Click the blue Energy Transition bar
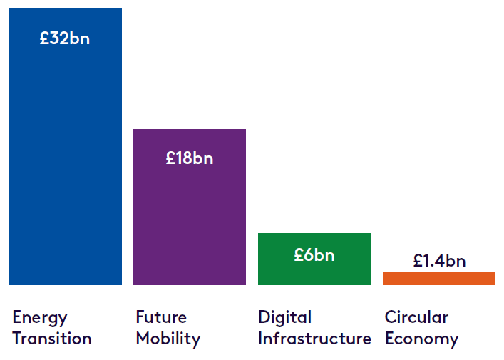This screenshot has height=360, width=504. [x=66, y=146]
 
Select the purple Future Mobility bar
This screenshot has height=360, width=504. [x=190, y=207]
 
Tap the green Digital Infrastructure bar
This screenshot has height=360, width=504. [x=314, y=259]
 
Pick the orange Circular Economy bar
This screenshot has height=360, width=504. [x=439, y=279]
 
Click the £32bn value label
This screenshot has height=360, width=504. [x=65, y=38]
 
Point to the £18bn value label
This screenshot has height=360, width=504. [x=190, y=158]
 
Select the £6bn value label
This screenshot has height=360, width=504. [x=314, y=255]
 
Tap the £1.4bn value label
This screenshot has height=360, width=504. [x=439, y=260]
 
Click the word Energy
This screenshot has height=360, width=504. [x=40, y=318]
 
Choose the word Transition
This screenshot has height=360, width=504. [x=52, y=339]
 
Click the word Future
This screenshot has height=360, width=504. [x=161, y=317]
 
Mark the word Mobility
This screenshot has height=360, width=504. [x=168, y=339]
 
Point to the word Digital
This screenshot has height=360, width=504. [x=284, y=318]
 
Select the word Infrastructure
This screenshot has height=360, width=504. [x=314, y=339]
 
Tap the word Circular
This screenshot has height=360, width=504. [x=416, y=317]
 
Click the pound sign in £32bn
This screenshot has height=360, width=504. [x=44, y=38]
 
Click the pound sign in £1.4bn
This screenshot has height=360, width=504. [x=418, y=260]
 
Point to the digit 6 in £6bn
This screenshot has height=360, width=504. [x=309, y=255]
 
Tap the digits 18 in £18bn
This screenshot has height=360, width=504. [x=183, y=158]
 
